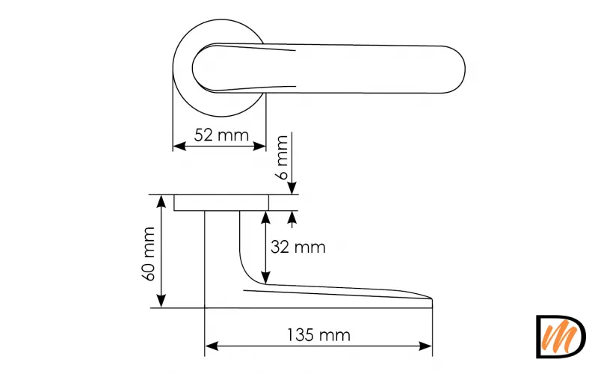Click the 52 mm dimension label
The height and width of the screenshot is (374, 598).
pyautogui.click(x=221, y=135)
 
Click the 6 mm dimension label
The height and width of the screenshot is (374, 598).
pyautogui.click(x=283, y=157)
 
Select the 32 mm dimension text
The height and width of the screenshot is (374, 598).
pyautogui.click(x=298, y=248)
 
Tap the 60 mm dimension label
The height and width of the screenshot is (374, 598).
pyautogui.click(x=149, y=254)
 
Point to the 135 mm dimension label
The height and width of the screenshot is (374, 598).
pyautogui.click(x=318, y=335)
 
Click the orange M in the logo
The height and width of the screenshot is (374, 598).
pyautogui.click(x=559, y=336)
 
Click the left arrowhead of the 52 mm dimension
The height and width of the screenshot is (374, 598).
pyautogui.click(x=179, y=146)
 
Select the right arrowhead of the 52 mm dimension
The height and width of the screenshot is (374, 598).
pyautogui.click(x=259, y=146)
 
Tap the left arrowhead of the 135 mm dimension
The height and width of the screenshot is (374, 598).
pyautogui.click(x=212, y=346)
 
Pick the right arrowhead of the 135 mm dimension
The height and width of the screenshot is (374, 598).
pyautogui.click(x=425, y=346)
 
